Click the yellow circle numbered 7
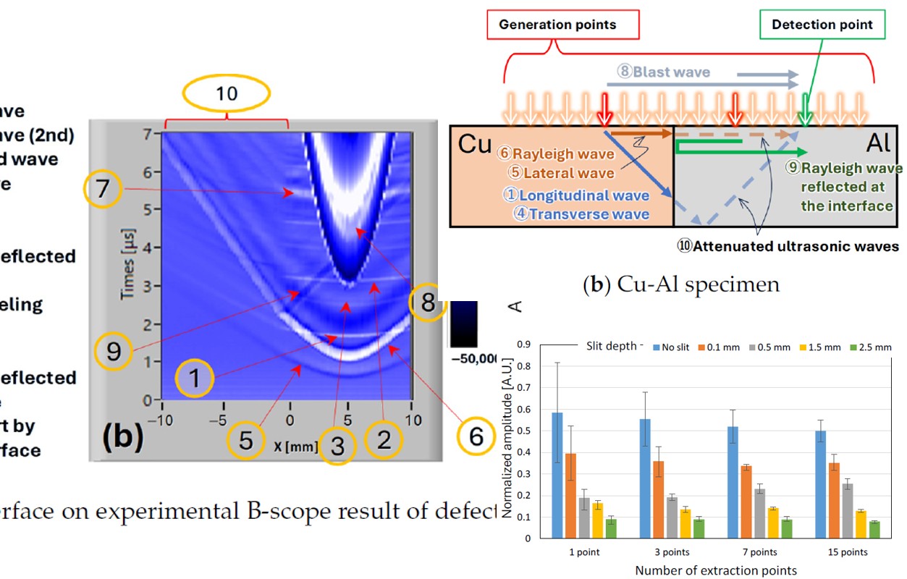coord(104,189)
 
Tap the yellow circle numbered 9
coord(115,352)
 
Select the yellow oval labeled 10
coord(226,93)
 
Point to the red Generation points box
coord(557,25)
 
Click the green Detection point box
coord(822,25)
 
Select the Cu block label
coord(476,145)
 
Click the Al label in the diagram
coord(879,143)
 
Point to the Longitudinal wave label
coord(576,195)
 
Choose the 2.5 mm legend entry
coord(869,347)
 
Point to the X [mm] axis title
coord(295,447)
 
